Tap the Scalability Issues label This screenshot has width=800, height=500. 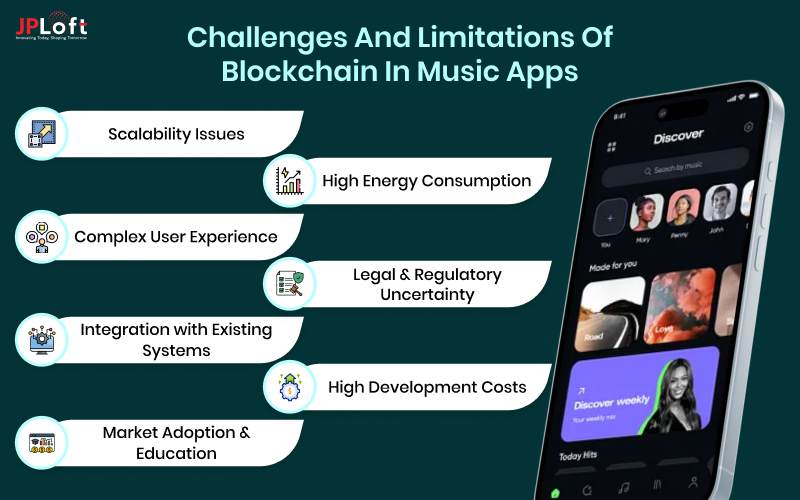tap(176, 133)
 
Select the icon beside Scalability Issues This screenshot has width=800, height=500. tap(40, 134)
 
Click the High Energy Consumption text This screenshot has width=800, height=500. tap(426, 181)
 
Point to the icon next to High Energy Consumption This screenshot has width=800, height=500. tap(289, 181)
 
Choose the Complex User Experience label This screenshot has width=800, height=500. tap(176, 237)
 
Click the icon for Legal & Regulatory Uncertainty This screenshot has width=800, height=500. tap(289, 284)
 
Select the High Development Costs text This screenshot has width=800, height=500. tap(426, 387)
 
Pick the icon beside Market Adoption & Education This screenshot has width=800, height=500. tap(40, 444)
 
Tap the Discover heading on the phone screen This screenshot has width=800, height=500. tap(678, 135)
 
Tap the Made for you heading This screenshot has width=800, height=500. tap(611, 264)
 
